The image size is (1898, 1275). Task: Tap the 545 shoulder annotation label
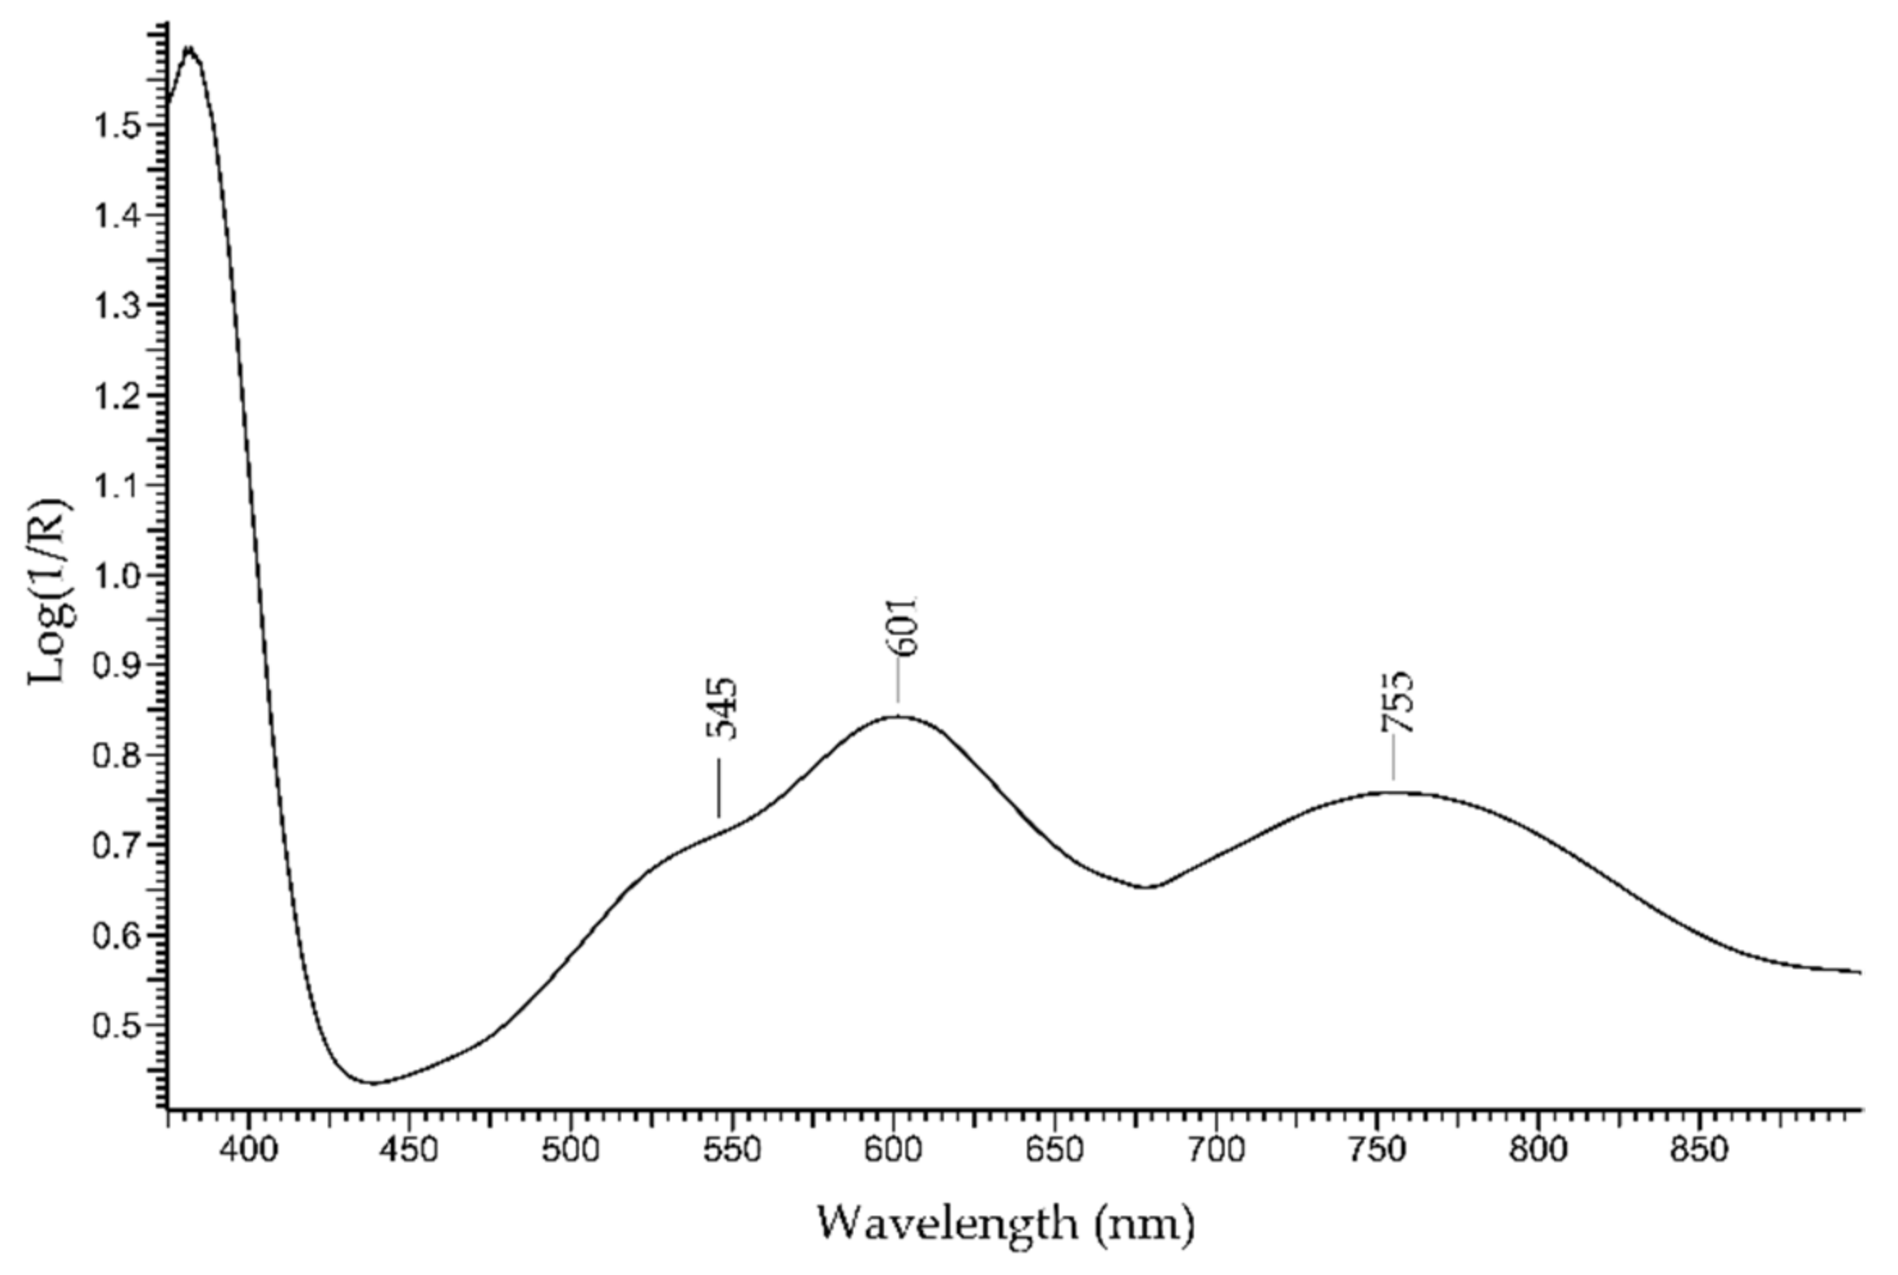pyautogui.click(x=722, y=709)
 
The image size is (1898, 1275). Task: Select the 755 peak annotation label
pyautogui.click(x=1398, y=702)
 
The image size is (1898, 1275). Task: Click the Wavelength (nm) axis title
pyautogui.click(x=1005, y=1222)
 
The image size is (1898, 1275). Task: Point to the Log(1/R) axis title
pyautogui.click(x=50, y=592)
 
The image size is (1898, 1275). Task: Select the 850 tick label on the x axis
pyautogui.click(x=1698, y=1151)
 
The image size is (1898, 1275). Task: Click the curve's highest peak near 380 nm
pyautogui.click(x=191, y=49)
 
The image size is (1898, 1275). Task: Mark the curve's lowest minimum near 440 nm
pyautogui.click(x=373, y=1083)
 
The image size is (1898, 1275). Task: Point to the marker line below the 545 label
pyautogui.click(x=719, y=788)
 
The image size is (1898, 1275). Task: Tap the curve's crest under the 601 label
pyautogui.click(x=898, y=716)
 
